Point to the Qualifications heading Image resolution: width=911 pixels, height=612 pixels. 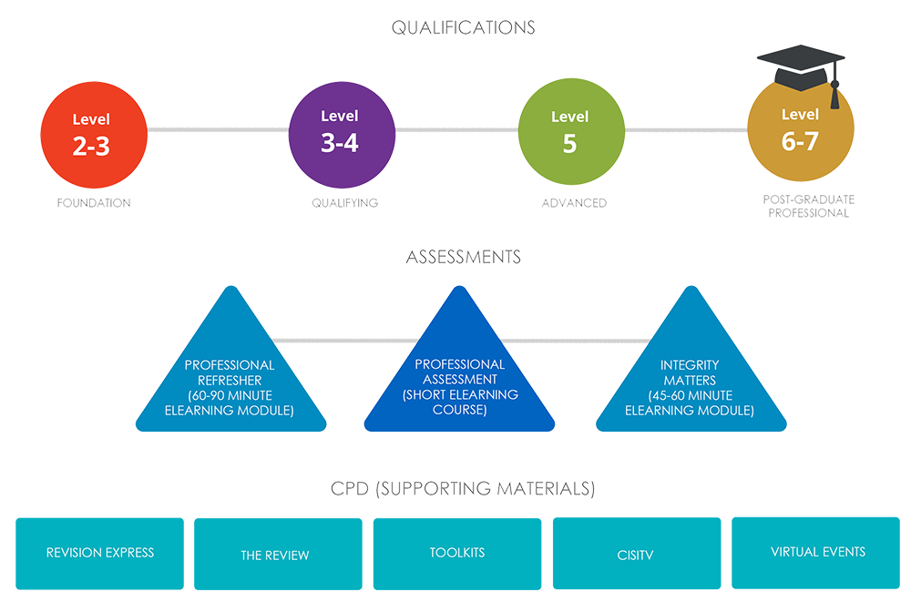pyautogui.click(x=463, y=28)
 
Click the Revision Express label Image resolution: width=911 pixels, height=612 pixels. pyautogui.click(x=100, y=552)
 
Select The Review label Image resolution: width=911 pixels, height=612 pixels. pyautogui.click(x=275, y=555)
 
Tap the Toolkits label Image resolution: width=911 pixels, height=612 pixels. pyautogui.click(x=457, y=553)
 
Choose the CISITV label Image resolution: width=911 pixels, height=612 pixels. pyautogui.click(x=635, y=555)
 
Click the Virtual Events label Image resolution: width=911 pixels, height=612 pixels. pyautogui.click(x=818, y=552)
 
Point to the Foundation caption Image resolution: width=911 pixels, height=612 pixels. pyautogui.click(x=93, y=202)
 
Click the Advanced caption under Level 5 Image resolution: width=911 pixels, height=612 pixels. pyautogui.click(x=574, y=202)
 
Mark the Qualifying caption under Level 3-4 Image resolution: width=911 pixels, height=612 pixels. pyautogui.click(x=344, y=202)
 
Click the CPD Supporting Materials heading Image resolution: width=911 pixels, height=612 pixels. pyautogui.click(x=463, y=490)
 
